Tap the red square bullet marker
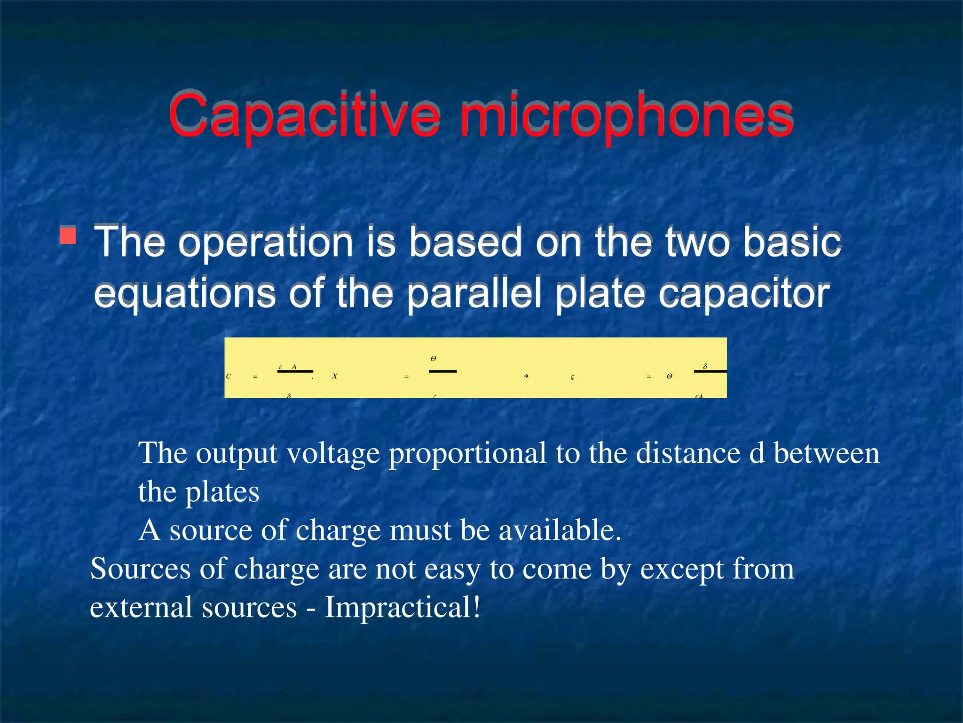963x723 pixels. [x=68, y=235]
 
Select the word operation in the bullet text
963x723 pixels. [x=266, y=242]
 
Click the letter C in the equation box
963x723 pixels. [x=229, y=376]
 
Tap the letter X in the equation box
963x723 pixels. [x=334, y=376]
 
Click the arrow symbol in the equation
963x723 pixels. [x=526, y=376]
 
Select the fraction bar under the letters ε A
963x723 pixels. [x=295, y=371]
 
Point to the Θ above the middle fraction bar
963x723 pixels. [x=433, y=359]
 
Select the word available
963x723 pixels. [x=560, y=530]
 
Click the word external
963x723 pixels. [x=141, y=607]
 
